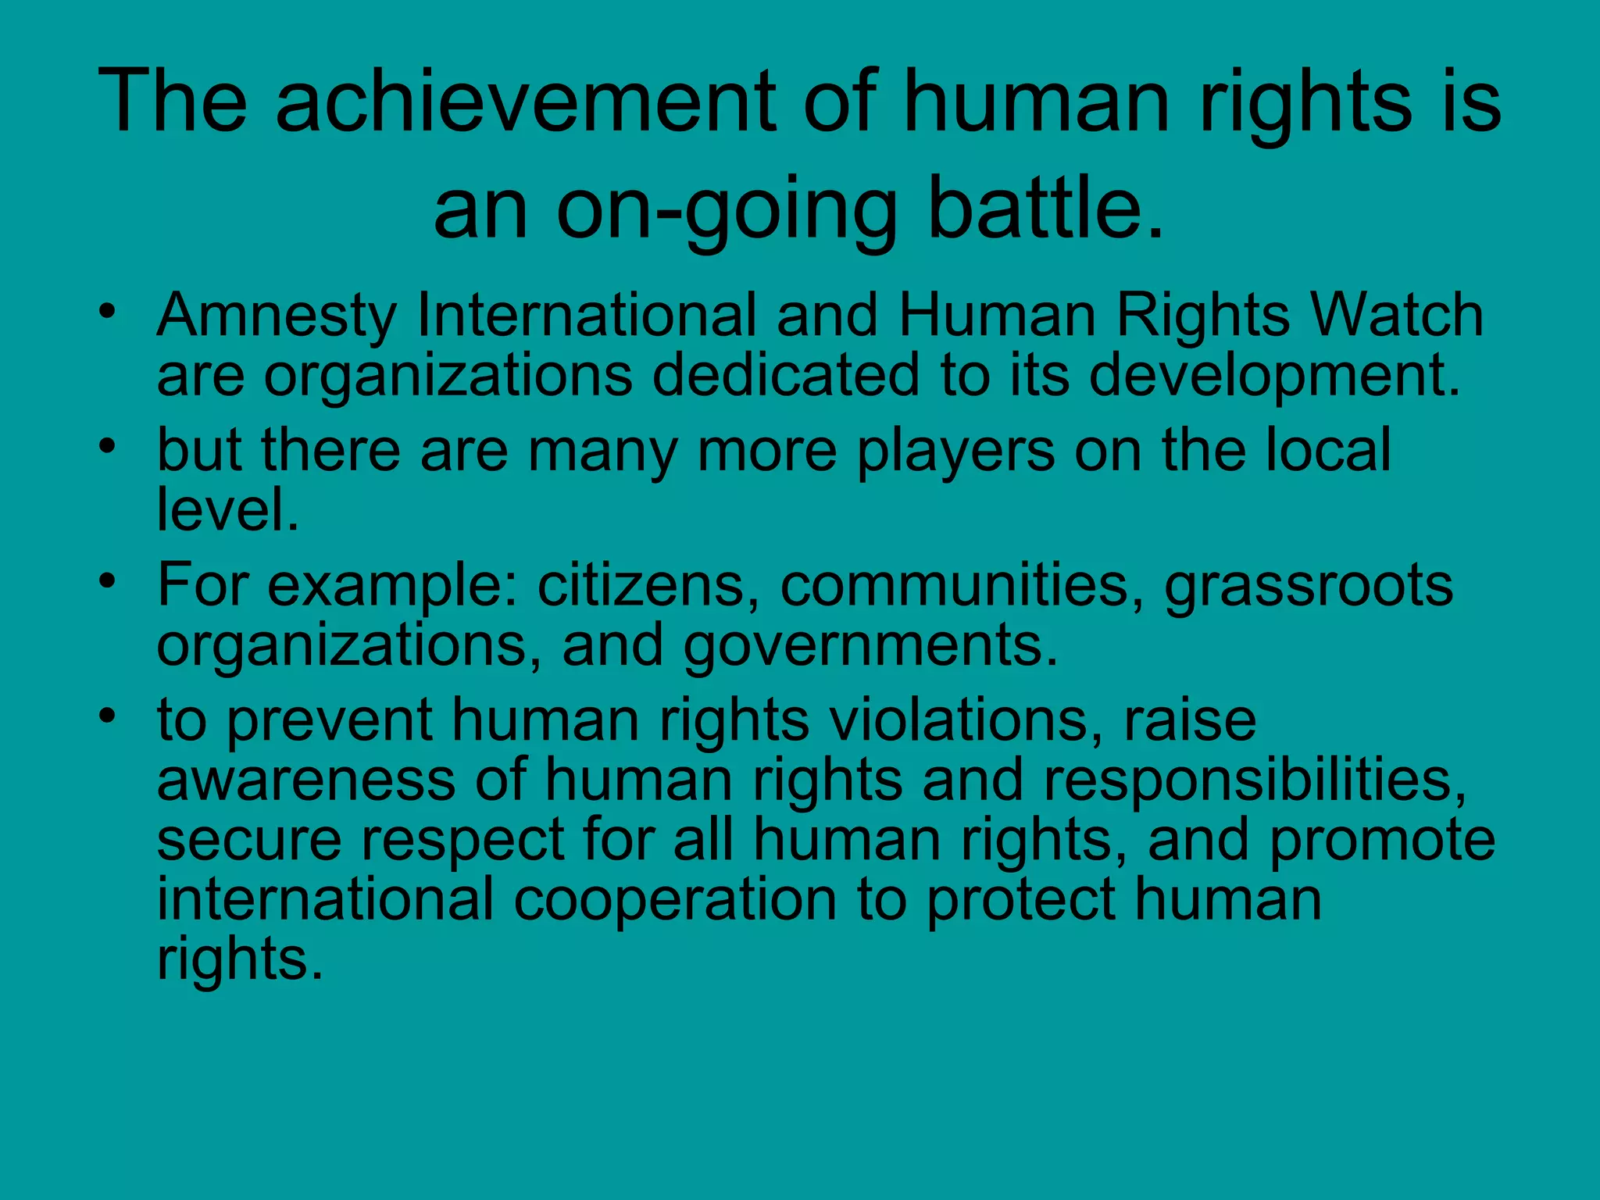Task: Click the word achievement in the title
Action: pyautogui.click(x=524, y=102)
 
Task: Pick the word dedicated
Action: pyautogui.click(x=785, y=375)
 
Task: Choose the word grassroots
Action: pyautogui.click(x=1309, y=586)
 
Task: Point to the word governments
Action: pyautogui.click(x=870, y=646)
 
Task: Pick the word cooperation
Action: pyautogui.click(x=675, y=898)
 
